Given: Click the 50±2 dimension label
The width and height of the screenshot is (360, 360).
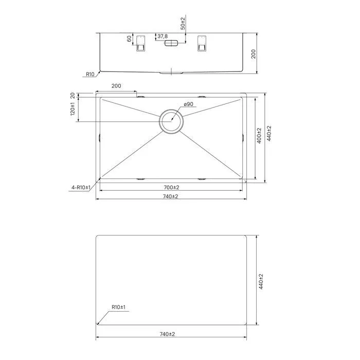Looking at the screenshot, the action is [x=183, y=24].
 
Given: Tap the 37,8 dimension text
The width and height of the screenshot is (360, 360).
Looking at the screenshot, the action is [x=163, y=37].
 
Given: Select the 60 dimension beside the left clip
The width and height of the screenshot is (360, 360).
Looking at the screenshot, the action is [x=129, y=39].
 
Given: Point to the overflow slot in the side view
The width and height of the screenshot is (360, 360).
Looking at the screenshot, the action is [x=171, y=43].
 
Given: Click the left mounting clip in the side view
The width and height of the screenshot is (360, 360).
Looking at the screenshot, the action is [x=140, y=43].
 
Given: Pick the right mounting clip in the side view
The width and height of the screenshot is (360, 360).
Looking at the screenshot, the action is [x=202, y=43].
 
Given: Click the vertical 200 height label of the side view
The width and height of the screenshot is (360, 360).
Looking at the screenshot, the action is [x=253, y=54].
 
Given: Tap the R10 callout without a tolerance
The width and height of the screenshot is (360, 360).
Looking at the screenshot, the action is [x=90, y=74].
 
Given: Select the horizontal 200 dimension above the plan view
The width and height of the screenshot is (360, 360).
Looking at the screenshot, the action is [x=116, y=86].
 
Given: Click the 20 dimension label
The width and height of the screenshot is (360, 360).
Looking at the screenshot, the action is [x=73, y=95].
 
